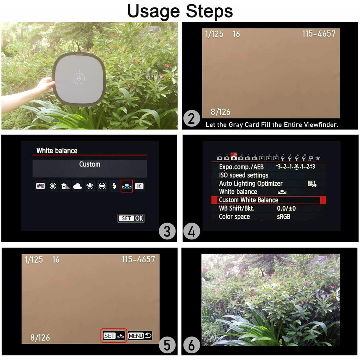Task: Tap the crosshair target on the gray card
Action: [79, 78]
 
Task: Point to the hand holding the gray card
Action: [45, 85]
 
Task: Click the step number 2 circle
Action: [192, 118]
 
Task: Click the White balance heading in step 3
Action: [57, 151]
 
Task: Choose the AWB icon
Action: [40, 186]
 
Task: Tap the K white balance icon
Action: [139, 186]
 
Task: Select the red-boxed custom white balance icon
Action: [127, 186]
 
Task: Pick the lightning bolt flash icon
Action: [114, 186]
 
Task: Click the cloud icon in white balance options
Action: [77, 186]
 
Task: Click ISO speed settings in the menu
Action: [244, 175]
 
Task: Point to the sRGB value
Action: [284, 217]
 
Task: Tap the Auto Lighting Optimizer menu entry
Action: [251, 184]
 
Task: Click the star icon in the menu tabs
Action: [318, 158]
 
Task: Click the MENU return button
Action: [140, 336]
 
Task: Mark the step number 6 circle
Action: [192, 346]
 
